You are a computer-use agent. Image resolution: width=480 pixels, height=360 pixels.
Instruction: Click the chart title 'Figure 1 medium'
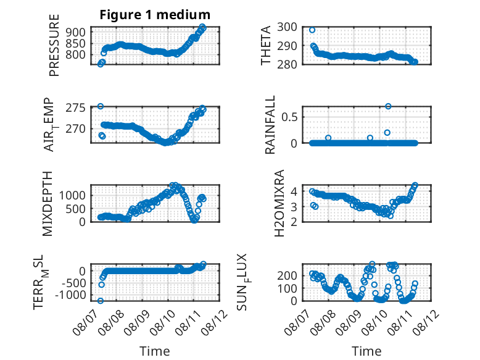pos(155,15)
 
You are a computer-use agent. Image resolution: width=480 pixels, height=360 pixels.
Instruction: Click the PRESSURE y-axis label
pos(54,45)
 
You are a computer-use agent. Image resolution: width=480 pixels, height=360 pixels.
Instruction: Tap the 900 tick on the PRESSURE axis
pos(75,32)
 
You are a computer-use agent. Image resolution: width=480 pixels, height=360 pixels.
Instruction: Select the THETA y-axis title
pos(266,45)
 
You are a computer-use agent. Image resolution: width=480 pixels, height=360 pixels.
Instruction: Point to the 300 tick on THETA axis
pos(287,27)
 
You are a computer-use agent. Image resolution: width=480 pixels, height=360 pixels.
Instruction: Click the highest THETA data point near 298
pos(312,30)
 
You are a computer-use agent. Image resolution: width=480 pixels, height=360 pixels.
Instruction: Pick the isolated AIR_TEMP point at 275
pos(101,106)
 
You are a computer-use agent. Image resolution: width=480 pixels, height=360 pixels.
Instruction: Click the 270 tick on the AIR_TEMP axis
pos(75,129)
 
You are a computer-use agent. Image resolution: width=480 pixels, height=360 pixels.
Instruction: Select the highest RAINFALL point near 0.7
pos(388,106)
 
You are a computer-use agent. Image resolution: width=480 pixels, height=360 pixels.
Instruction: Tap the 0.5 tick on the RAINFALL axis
pos(289,117)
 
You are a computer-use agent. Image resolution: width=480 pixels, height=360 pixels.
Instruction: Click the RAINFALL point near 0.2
pos(387,133)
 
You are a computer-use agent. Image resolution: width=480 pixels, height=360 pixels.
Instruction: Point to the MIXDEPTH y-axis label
pos(48,204)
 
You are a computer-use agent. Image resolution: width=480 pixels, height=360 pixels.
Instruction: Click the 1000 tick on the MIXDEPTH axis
pos(72,195)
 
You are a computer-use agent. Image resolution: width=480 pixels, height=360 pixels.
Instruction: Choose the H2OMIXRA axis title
pos(279,203)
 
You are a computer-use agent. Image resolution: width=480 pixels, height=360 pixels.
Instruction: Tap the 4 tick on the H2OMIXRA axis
pos(294,192)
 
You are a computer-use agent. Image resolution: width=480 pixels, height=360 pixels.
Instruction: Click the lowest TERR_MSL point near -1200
pos(101,301)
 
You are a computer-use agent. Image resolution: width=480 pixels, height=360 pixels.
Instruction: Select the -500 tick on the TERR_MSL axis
pos(73,283)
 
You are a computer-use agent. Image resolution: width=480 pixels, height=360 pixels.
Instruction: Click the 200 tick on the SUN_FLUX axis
pos(287,275)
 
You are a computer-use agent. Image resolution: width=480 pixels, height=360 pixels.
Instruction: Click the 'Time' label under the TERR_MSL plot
pos(155,351)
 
